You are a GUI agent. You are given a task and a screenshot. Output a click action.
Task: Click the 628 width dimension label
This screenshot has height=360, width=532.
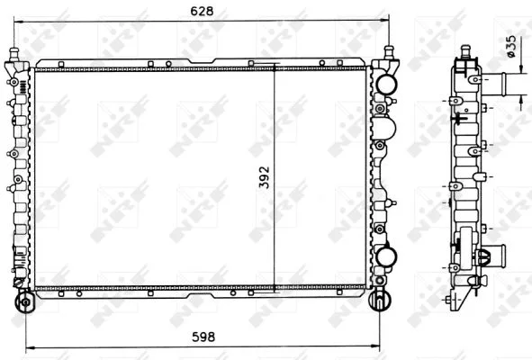click(202, 11)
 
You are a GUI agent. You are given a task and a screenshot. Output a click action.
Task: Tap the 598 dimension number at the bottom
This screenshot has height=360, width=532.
click(203, 337)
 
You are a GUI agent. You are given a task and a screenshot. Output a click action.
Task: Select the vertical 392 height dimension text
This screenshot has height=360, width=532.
click(264, 177)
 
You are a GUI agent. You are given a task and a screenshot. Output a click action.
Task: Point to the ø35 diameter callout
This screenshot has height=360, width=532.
click(511, 47)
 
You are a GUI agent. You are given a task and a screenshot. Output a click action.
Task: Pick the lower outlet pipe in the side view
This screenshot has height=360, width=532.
click(495, 254)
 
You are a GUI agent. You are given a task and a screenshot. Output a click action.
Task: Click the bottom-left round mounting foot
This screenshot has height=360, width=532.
click(26, 301)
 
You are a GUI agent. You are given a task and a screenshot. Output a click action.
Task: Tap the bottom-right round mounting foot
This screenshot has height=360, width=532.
click(380, 301)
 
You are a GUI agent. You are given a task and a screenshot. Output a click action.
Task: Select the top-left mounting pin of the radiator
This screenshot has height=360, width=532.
click(14, 54)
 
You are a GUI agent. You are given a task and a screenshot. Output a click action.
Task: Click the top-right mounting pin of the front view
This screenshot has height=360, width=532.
click(389, 52)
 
